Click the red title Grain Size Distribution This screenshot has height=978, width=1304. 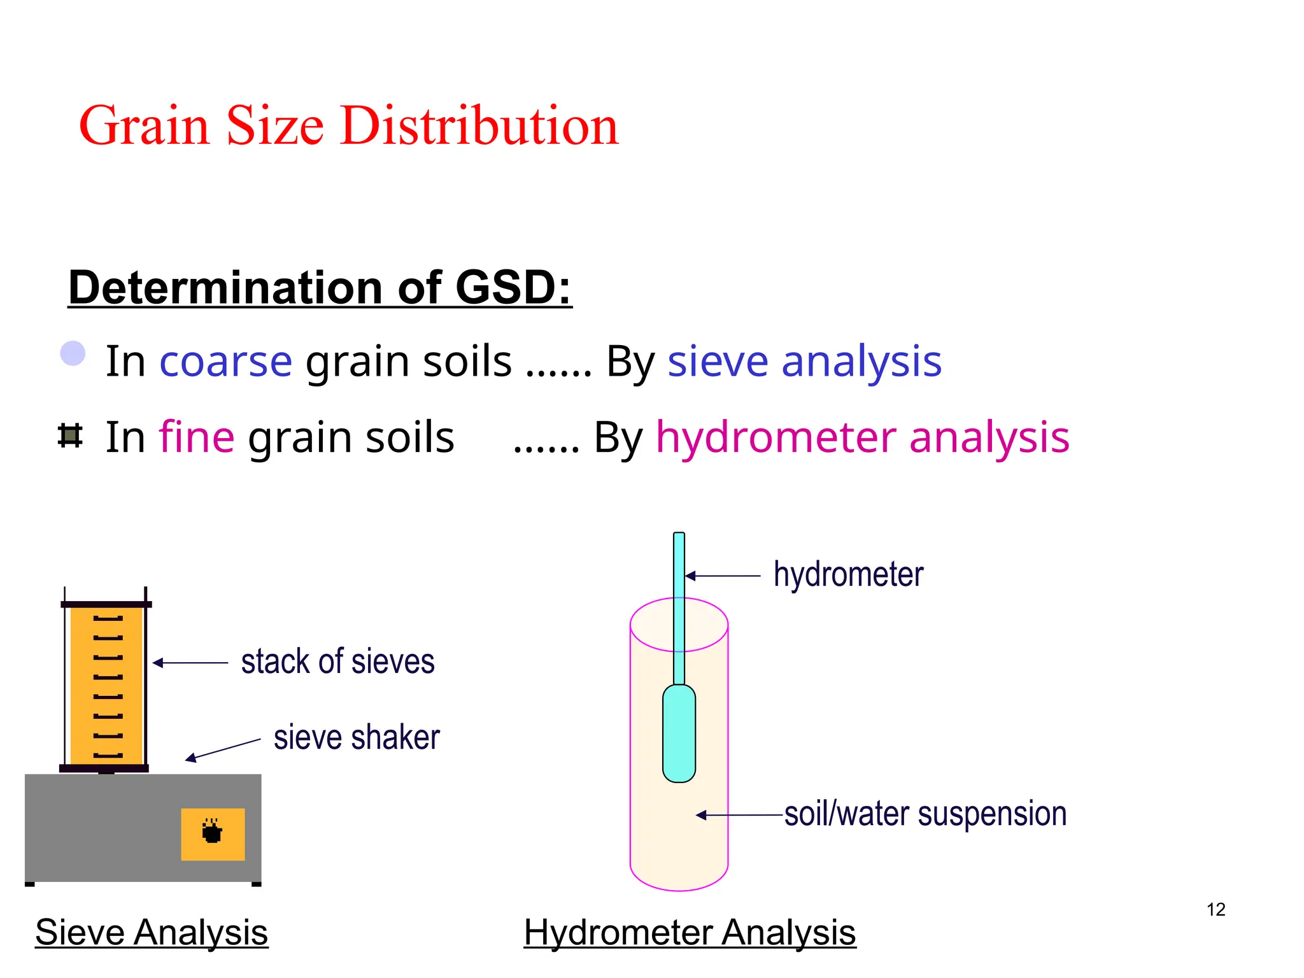point(348,125)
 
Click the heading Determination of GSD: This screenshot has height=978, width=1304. point(320,288)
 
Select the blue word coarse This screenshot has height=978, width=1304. point(225,361)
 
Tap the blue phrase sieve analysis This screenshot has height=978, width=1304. point(804,361)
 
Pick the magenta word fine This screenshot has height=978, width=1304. point(197,437)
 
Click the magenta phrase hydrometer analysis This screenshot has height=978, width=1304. point(862,437)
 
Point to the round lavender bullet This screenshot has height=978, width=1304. point(73,353)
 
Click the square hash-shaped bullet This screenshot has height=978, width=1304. point(70,436)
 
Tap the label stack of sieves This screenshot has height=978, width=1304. point(337,662)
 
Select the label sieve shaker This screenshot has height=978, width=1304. point(357,737)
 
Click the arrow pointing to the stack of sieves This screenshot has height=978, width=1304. point(190,663)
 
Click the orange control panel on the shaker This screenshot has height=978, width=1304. point(213,834)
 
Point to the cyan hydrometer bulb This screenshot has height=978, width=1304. point(679,733)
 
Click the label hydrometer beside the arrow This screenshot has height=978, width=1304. point(848,574)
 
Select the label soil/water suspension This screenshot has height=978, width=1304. point(925,814)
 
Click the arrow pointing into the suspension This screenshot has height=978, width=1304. point(739,815)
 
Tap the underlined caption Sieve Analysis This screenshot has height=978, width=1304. point(152,933)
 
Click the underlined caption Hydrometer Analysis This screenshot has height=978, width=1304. point(690,933)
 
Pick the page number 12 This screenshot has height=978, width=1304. point(1215,909)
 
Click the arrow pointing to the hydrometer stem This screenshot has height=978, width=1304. point(722,576)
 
